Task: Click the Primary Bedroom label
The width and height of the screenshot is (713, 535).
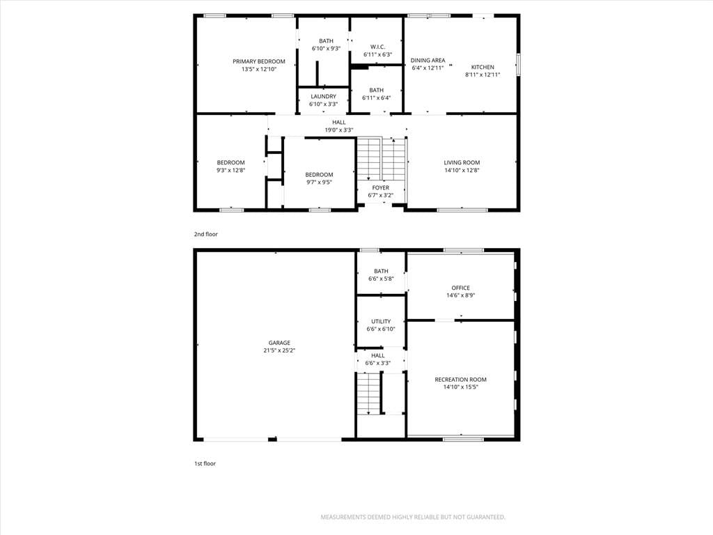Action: coord(259,61)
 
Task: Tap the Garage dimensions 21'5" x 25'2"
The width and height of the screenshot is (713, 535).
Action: coord(279,350)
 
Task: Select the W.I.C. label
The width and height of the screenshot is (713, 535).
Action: coord(377,47)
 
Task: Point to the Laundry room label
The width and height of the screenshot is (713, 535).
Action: coord(323,96)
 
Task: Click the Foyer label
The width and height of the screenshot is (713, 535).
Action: coord(381,187)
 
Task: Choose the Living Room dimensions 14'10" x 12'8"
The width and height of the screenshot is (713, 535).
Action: coord(462,170)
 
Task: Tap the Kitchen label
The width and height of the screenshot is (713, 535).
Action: coord(483,67)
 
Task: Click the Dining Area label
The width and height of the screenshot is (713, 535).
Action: coord(428,60)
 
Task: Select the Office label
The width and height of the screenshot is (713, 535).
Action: coord(461,288)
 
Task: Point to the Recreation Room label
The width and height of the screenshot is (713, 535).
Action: coord(461,380)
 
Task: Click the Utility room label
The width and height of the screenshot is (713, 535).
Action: coord(381,321)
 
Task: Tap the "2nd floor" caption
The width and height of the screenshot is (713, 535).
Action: coord(206,234)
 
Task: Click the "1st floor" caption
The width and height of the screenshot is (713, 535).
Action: coord(205,463)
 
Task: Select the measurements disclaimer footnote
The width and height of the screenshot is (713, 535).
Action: coord(413,517)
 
